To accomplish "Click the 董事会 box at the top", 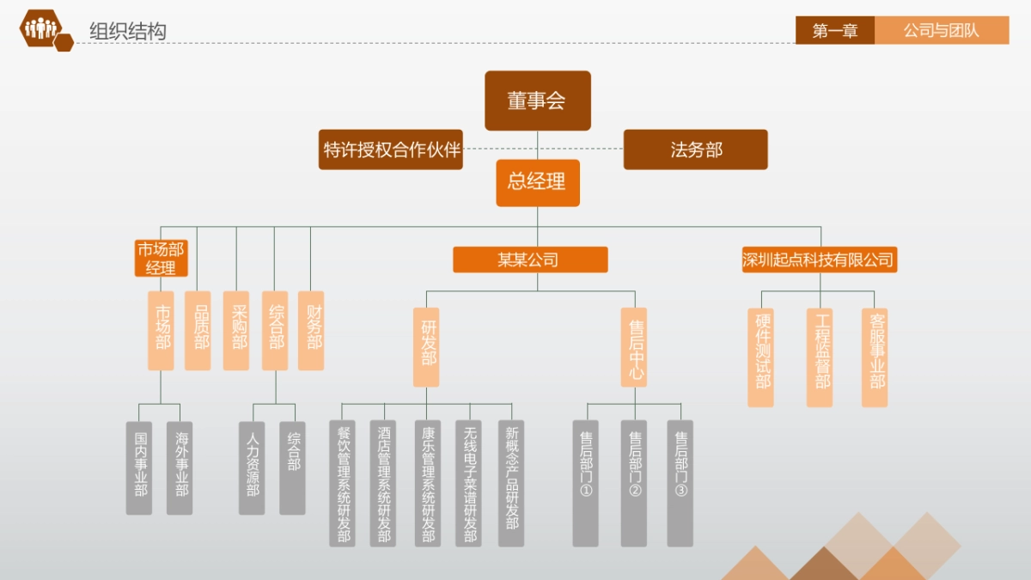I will [x=537, y=101].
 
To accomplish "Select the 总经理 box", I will [x=537, y=182].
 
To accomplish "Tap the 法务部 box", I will [x=695, y=150].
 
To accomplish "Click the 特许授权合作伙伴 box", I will [x=391, y=150].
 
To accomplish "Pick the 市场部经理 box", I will [x=161, y=259].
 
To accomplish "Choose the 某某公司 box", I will [x=530, y=259].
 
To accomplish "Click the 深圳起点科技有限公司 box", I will [x=819, y=259].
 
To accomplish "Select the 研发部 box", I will [x=426, y=347].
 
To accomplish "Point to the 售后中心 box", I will [x=634, y=347].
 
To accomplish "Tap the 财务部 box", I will [x=311, y=331].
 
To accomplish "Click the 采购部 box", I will [x=236, y=331].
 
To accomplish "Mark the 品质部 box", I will [x=198, y=331].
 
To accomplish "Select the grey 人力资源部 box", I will [x=252, y=467].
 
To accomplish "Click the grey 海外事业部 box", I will [x=180, y=467].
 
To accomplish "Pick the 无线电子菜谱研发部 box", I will [x=469, y=483].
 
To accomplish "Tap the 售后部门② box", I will [x=634, y=483].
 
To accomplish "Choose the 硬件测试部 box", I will [x=760, y=357].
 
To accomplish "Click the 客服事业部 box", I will [x=875, y=357].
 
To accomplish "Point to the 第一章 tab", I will [x=834, y=30].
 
